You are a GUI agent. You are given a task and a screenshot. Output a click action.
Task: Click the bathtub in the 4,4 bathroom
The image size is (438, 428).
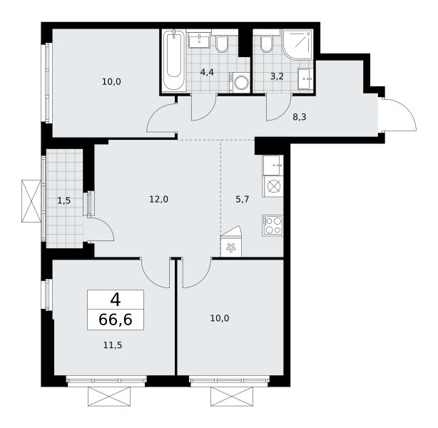[174, 61]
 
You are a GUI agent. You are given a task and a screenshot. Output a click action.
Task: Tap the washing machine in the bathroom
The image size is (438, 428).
[239, 83]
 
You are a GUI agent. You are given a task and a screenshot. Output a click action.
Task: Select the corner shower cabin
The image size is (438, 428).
[297, 44]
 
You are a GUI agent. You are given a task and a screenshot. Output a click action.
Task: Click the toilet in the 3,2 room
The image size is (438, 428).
[266, 44]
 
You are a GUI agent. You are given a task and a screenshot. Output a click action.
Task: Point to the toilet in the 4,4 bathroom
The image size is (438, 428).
[222, 44]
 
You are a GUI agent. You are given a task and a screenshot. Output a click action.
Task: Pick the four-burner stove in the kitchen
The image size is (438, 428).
[273, 225]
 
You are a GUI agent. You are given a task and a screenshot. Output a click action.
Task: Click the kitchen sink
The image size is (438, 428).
[273, 165]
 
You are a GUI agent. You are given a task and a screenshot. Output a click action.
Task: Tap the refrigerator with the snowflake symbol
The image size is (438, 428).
[231, 247]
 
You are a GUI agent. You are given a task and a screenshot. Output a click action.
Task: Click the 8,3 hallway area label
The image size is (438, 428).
[300, 117]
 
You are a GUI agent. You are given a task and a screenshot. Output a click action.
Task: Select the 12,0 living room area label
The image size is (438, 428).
[158, 200]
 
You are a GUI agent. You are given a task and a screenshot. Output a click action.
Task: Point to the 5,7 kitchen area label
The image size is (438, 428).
[243, 200]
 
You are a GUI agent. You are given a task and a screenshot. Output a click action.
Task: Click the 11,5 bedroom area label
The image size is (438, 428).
[113, 345]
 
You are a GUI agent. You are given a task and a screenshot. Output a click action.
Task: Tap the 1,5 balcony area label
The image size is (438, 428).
[64, 200]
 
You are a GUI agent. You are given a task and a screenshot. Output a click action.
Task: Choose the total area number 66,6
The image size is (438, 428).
[116, 320]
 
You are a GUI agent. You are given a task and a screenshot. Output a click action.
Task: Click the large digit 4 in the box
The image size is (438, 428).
[116, 300]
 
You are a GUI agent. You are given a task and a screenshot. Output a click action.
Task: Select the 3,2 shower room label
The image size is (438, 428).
[277, 76]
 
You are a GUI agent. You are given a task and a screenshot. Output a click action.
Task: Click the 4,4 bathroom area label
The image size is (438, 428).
[207, 72]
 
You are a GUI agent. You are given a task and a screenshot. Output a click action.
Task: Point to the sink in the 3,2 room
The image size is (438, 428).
[305, 78]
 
